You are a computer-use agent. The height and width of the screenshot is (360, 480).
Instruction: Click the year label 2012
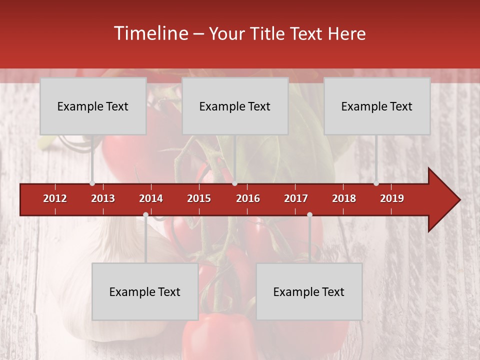click(55, 198)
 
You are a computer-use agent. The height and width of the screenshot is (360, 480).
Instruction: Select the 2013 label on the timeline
click(103, 198)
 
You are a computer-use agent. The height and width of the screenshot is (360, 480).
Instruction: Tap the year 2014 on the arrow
click(151, 198)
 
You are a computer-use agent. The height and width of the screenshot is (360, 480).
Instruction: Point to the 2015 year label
click(199, 198)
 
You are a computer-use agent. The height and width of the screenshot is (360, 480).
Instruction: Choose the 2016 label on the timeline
click(248, 198)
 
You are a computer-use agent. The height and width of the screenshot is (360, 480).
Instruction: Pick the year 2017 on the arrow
click(296, 198)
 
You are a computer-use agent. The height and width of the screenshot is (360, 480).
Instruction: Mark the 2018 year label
click(344, 198)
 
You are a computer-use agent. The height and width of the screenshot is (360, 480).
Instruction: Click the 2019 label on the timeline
click(392, 198)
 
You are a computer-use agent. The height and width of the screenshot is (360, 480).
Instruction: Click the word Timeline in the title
click(150, 33)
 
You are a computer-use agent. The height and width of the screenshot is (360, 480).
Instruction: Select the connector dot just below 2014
click(145, 215)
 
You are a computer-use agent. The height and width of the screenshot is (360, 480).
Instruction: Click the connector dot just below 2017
click(309, 215)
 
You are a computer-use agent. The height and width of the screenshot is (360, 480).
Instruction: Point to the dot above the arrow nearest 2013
click(92, 183)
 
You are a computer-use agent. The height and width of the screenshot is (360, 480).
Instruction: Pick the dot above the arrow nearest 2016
click(234, 183)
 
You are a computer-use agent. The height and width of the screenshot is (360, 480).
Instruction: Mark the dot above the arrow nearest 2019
click(376, 183)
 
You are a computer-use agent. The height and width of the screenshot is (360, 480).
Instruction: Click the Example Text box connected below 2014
click(145, 291)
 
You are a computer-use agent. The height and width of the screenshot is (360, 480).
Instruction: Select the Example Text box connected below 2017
click(309, 291)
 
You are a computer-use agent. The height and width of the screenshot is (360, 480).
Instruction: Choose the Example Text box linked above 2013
click(93, 106)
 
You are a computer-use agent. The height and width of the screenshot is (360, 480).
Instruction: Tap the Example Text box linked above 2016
click(235, 106)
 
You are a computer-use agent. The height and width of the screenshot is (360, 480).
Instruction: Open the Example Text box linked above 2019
click(377, 106)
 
